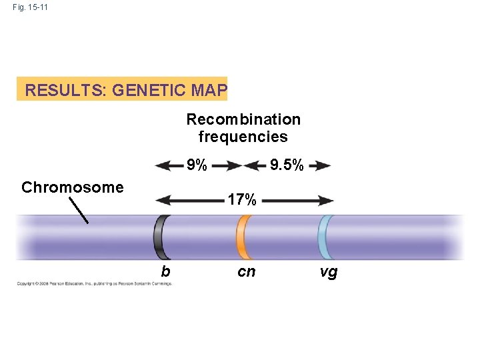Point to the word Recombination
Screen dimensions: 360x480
click(x=243, y=119)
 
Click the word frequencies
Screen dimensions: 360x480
click(x=243, y=137)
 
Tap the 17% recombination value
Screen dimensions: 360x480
click(x=242, y=199)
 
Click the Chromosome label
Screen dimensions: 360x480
click(x=72, y=187)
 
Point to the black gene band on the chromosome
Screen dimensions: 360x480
click(x=162, y=237)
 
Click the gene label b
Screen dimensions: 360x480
click(x=165, y=271)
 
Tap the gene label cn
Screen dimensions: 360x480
click(x=247, y=271)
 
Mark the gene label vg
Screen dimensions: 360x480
click(x=329, y=271)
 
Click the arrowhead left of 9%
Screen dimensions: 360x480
click(x=161, y=165)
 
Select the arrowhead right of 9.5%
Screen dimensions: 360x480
click(x=324, y=165)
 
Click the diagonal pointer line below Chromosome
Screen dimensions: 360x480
click(x=80, y=210)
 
